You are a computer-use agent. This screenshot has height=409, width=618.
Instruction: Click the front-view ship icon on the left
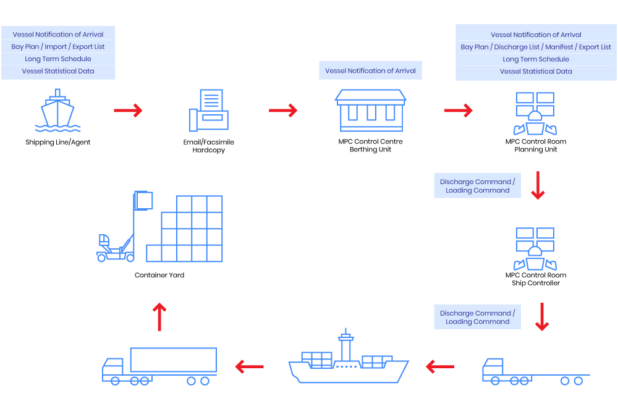[x=57, y=111]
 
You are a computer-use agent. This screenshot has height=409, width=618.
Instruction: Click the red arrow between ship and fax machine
[x=128, y=111]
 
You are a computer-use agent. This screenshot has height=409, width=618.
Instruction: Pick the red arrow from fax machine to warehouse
[x=283, y=111]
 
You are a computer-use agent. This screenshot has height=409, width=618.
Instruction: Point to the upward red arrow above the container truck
[x=159, y=316]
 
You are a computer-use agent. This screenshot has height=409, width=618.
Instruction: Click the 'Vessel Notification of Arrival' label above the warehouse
[x=370, y=70]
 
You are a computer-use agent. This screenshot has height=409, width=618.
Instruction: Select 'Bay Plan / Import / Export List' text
[x=58, y=46]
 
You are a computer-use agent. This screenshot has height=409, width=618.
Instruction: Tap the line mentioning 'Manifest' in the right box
[x=535, y=47]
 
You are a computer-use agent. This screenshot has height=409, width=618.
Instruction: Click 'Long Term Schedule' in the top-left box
[x=58, y=59]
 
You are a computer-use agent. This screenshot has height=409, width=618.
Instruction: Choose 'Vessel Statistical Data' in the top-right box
[x=535, y=71]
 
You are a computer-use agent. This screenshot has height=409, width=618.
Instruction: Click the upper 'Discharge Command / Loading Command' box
[x=477, y=186]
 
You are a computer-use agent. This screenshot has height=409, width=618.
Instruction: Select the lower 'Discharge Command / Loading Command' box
[x=477, y=317]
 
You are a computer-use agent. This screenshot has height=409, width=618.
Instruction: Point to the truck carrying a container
[x=159, y=366]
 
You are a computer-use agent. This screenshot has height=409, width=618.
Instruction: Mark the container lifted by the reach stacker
[x=144, y=201]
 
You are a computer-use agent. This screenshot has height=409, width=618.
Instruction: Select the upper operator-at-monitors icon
[x=535, y=114]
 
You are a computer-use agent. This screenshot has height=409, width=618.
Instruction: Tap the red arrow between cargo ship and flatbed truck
[x=440, y=367]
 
